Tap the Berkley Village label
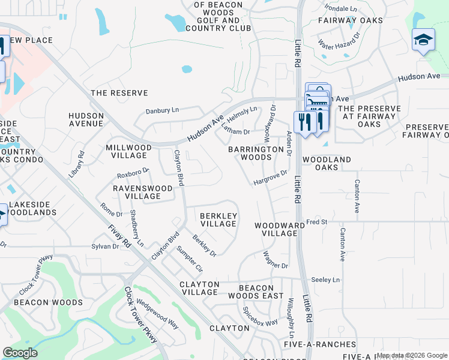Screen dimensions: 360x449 pyautogui.click(x=218, y=220)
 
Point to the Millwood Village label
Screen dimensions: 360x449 pyautogui.click(x=128, y=151)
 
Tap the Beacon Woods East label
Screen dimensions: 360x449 pyautogui.click(x=256, y=292)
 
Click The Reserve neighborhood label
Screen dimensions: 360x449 pyautogui.click(x=119, y=93)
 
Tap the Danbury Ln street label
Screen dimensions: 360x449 pyautogui.click(x=163, y=111)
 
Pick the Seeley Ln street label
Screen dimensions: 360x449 pyautogui.click(x=325, y=280)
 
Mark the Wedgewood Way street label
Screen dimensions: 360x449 pyautogui.click(x=157, y=314)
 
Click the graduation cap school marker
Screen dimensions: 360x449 pyautogui.click(x=423, y=40)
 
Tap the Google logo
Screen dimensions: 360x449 pyautogui.click(x=20, y=353)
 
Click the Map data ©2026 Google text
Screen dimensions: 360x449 pyautogui.click(x=412, y=355)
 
